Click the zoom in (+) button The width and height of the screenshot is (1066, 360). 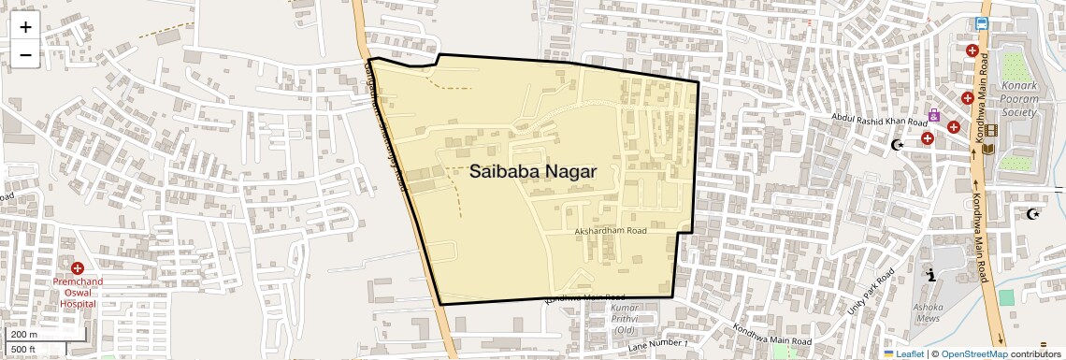click(25, 26)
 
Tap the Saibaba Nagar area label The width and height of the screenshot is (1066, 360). click(532, 172)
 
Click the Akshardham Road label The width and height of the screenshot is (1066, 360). click(611, 230)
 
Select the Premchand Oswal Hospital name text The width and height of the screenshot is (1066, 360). click(78, 292)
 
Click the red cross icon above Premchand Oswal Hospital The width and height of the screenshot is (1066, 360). click(78, 268)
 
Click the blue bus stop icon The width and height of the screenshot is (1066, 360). click(982, 24)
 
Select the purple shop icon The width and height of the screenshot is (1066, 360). click(933, 116)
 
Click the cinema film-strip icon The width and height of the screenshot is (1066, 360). click(990, 130)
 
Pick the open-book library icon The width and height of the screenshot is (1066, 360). click(988, 149)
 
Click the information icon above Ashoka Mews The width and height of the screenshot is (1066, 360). click(931, 275)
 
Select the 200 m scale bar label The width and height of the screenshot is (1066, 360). click(25, 335)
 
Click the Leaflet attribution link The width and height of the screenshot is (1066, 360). click(903, 353)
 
